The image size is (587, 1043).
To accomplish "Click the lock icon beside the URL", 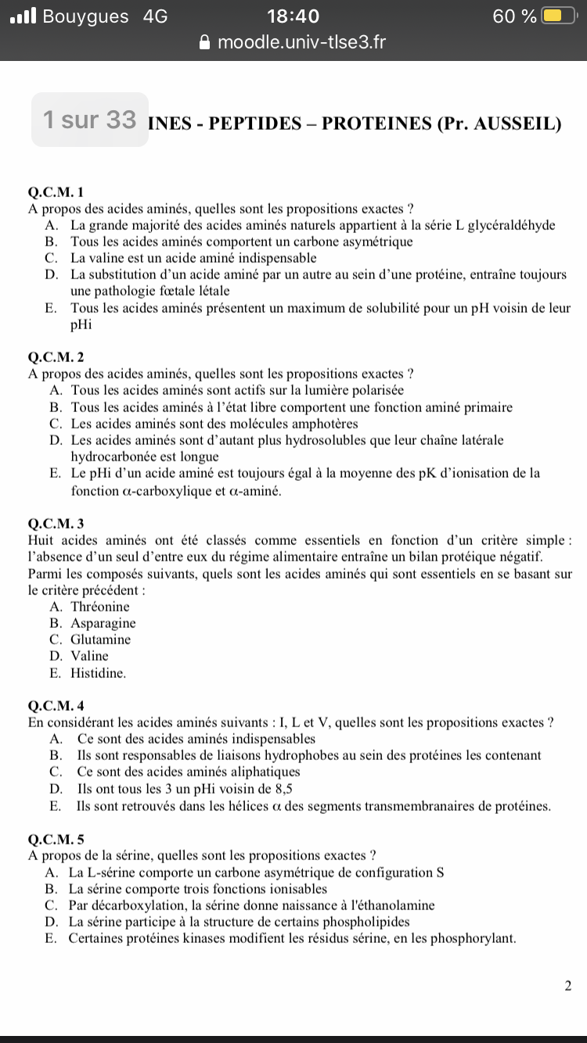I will [205, 42].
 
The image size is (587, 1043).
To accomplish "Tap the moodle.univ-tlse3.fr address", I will [301, 42].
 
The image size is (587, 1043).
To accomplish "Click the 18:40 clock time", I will [293, 16].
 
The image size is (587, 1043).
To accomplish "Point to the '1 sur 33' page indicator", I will [90, 120].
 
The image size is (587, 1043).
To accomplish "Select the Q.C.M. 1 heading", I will [55, 192].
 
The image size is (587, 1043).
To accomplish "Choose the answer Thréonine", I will [100, 607].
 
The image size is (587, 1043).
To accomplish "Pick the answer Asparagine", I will [103, 623].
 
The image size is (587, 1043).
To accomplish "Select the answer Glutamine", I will [101, 640].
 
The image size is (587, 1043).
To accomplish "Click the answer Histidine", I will [98, 672].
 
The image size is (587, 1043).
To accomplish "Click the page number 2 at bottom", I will [567, 986].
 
